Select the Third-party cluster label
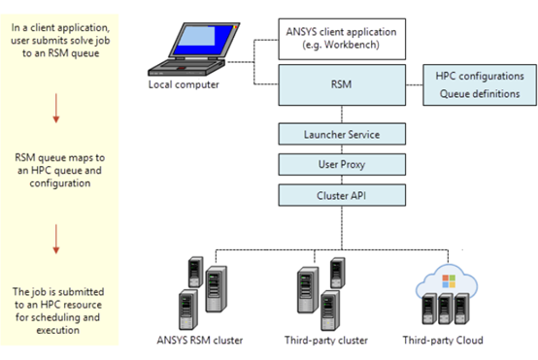[x=325, y=340]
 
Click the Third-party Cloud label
[x=442, y=340]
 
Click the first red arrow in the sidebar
[x=56, y=106]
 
